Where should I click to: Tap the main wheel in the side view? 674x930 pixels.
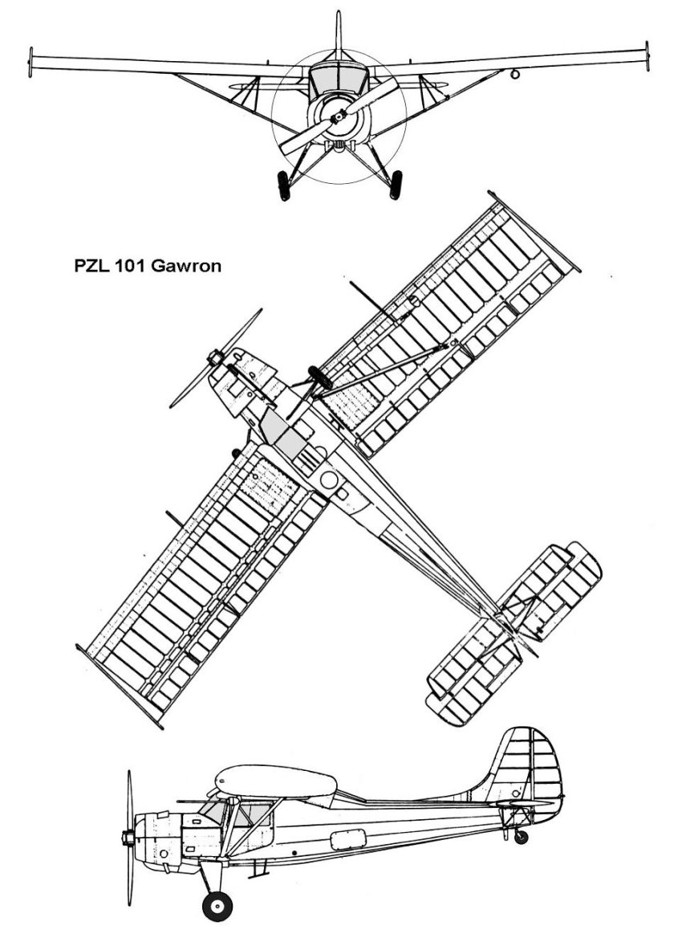(x=217, y=905)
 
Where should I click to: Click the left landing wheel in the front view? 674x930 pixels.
(x=284, y=186)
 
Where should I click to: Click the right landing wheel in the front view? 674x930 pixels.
(x=396, y=185)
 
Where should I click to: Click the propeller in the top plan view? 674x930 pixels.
(x=215, y=358)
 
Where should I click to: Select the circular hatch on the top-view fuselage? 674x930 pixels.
(x=329, y=480)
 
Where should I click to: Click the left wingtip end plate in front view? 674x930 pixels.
(x=30, y=63)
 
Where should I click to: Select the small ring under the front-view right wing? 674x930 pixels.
(x=515, y=75)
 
